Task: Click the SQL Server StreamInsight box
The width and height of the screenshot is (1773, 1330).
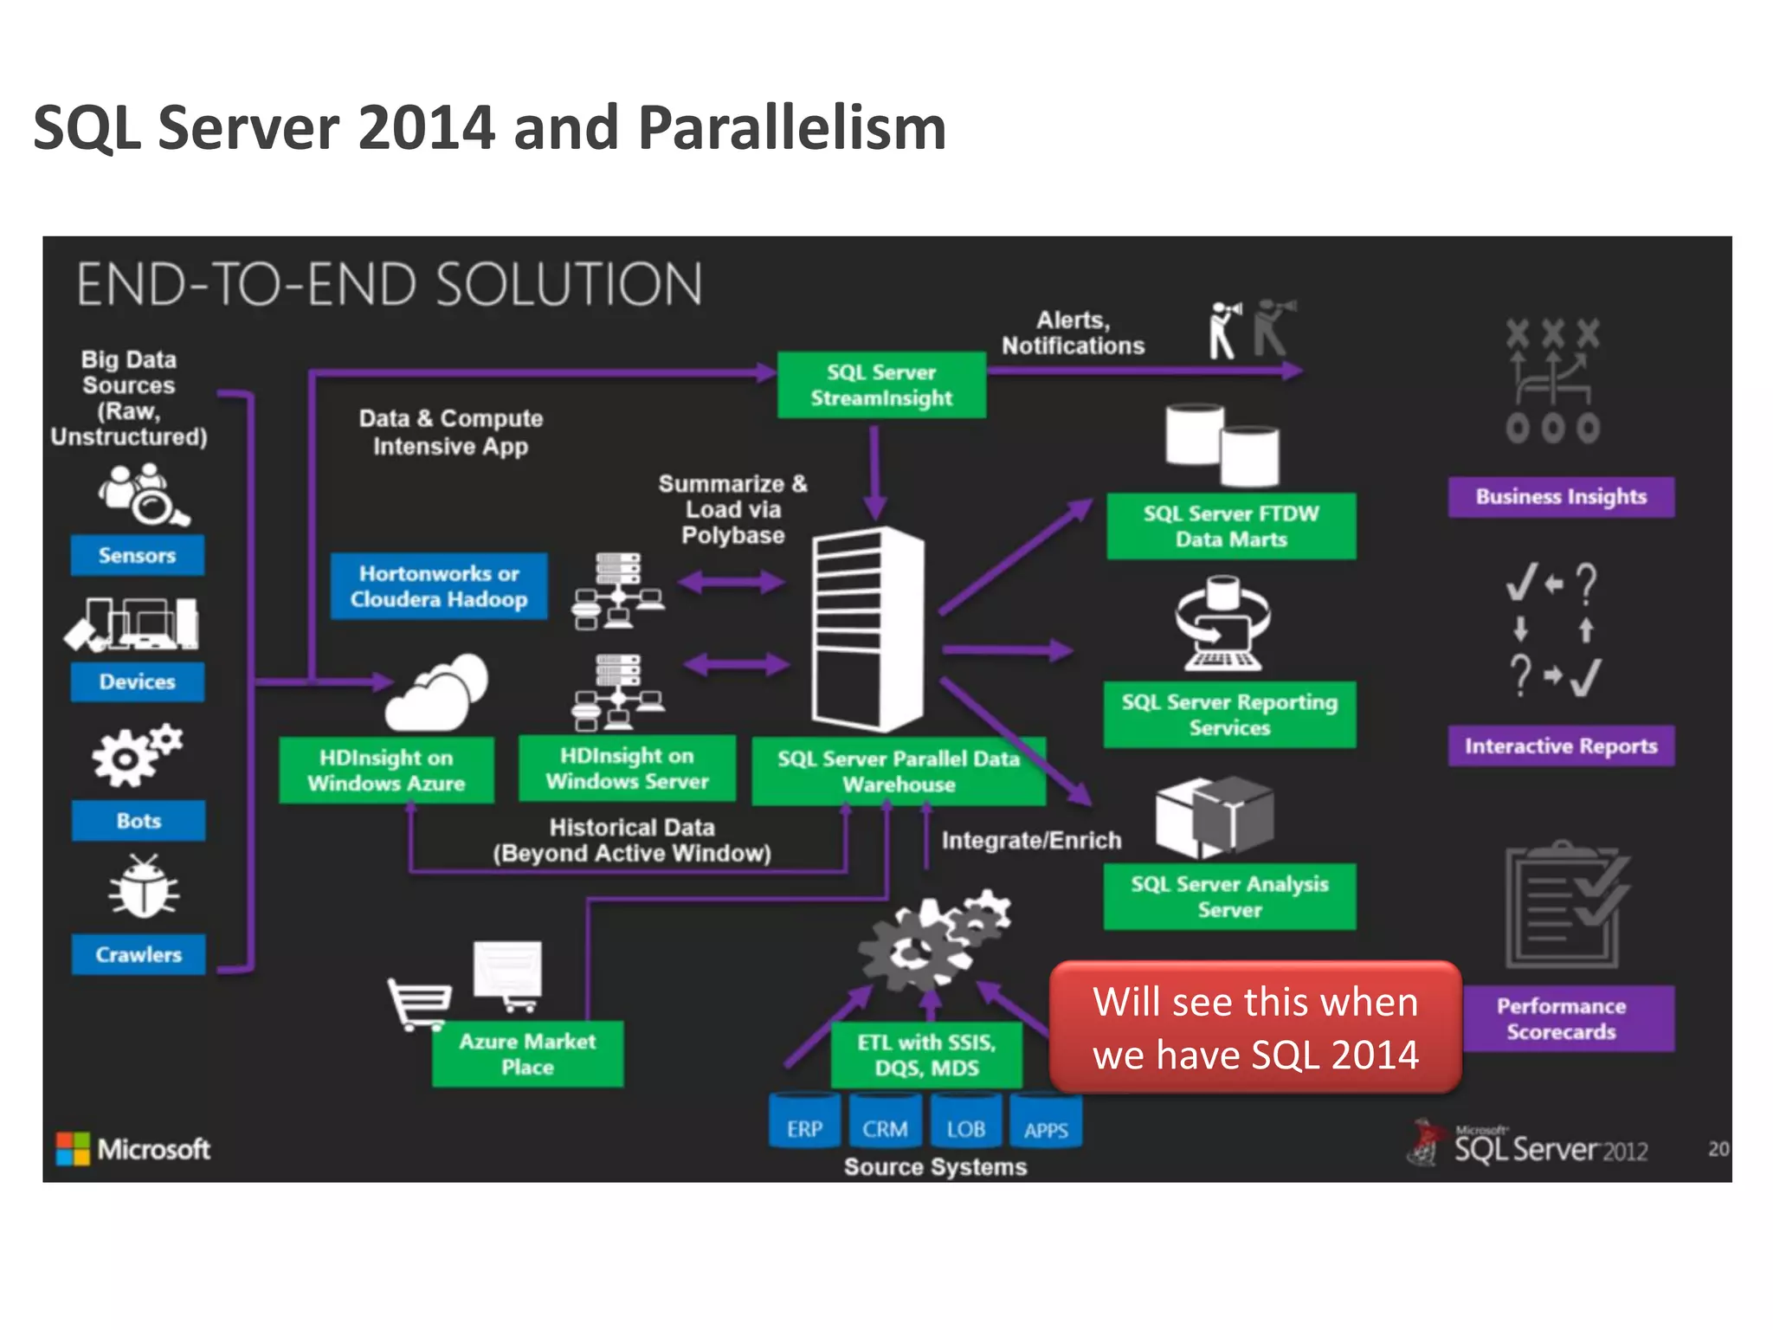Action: (x=881, y=384)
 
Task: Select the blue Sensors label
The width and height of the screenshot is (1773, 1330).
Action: (x=138, y=555)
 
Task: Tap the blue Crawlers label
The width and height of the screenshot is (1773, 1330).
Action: (x=139, y=954)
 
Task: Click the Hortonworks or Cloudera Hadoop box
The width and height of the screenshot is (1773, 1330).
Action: (x=439, y=586)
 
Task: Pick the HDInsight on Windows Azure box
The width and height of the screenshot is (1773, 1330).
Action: (x=386, y=770)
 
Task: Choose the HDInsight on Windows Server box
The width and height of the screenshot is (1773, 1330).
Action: (x=627, y=768)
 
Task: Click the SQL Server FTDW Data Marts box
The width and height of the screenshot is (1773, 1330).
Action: (x=1230, y=526)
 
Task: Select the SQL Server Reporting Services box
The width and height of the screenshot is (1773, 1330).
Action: (x=1229, y=714)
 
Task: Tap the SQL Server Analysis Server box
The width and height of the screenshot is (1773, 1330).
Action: (x=1229, y=896)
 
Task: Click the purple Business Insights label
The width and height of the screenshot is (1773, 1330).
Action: (x=1561, y=497)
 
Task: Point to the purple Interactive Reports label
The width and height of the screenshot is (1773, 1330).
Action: (x=1561, y=746)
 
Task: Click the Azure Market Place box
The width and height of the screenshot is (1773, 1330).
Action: (x=527, y=1054)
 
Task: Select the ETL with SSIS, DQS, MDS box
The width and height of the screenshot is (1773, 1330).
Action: (x=926, y=1055)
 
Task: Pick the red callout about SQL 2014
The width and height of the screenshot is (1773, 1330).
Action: (x=1255, y=1028)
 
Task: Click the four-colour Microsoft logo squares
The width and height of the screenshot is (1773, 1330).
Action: (x=73, y=1148)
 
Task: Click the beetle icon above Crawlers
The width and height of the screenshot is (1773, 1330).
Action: (x=144, y=887)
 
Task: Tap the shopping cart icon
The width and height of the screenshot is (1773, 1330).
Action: (x=419, y=1004)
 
